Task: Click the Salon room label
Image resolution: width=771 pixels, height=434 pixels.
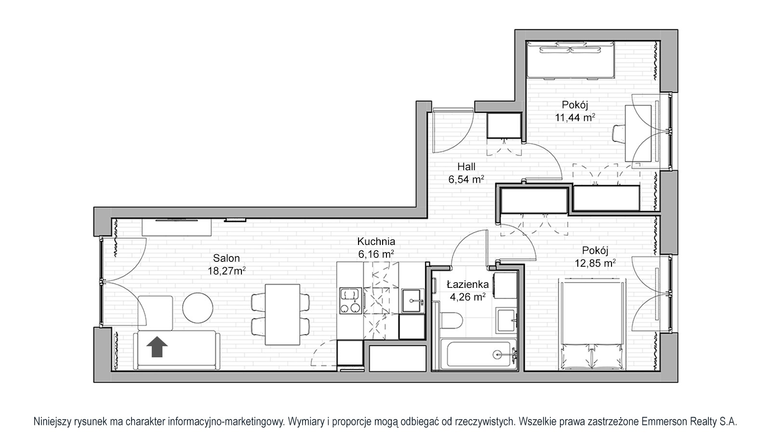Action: [x=226, y=258]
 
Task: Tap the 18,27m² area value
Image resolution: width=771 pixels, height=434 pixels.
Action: [x=226, y=271]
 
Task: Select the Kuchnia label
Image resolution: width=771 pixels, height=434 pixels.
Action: [x=376, y=242]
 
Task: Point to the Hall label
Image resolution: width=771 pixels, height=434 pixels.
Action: [x=466, y=167]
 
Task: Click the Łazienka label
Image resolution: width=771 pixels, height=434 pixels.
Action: [x=467, y=285]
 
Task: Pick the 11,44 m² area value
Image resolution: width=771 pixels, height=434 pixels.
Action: [x=575, y=118]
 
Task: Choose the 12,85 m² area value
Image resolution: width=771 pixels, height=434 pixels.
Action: [x=595, y=263]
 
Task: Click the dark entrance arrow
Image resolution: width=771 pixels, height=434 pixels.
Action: [x=157, y=347]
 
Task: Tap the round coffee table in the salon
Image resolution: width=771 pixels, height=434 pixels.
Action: [x=198, y=308]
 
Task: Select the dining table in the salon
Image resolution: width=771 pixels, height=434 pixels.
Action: [x=282, y=314]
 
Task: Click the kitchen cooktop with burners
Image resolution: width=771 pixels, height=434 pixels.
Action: [x=351, y=301]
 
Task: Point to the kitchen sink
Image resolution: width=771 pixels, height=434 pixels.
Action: [x=412, y=301]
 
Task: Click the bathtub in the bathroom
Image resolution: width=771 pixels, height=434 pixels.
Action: [x=479, y=354]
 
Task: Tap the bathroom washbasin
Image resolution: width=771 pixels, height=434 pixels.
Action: [x=506, y=320]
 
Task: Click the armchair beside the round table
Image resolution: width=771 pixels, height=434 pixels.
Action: [x=155, y=313]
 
